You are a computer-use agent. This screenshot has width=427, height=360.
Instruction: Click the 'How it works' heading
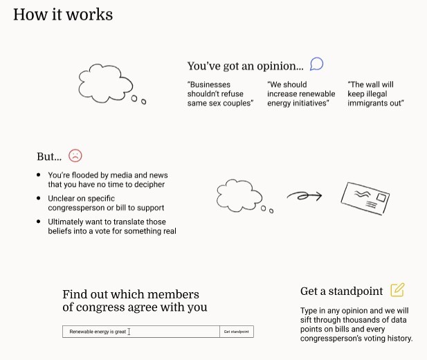point(63,15)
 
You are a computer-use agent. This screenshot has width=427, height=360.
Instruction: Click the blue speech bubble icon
point(316,64)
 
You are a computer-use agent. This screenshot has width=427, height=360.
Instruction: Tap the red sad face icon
point(75,156)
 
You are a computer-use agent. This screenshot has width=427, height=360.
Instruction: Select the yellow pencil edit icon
point(397,290)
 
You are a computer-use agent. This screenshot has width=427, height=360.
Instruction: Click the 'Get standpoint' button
point(236,332)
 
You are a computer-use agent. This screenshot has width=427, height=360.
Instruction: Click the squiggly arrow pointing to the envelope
point(305,196)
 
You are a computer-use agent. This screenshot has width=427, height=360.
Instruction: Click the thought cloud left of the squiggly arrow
point(239,195)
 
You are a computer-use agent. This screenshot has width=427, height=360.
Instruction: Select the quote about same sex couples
point(220,94)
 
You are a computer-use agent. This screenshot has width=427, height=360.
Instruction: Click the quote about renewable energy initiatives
point(301,94)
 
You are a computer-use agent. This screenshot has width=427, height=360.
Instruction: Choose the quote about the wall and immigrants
point(376,94)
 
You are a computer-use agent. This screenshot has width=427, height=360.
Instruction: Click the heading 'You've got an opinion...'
point(245,66)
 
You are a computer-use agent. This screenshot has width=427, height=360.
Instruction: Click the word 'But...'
point(49,156)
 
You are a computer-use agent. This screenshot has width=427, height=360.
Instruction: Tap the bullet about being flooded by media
point(107,180)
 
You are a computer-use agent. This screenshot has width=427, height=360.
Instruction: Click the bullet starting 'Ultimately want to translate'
point(111,226)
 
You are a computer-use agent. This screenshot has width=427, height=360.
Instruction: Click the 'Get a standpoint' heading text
point(342,291)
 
